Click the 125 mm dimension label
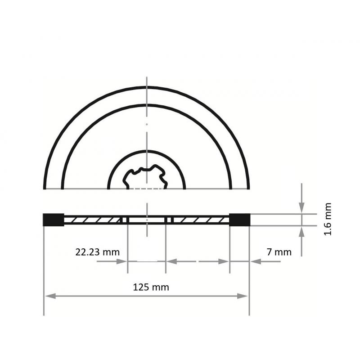click(151, 287)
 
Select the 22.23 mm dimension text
click(98, 252)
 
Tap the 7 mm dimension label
click(279, 252)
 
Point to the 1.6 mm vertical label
click(328, 220)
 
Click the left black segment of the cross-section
click(53, 220)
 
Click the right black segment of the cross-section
click(239, 220)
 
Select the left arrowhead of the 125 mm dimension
click(50, 296)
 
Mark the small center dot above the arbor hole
click(147, 124)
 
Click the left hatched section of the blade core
click(93, 220)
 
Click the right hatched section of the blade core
click(200, 220)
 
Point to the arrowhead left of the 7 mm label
click(255, 261)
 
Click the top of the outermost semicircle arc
click(147, 86)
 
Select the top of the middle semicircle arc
click(147, 105)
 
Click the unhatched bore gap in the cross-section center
click(147, 220)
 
